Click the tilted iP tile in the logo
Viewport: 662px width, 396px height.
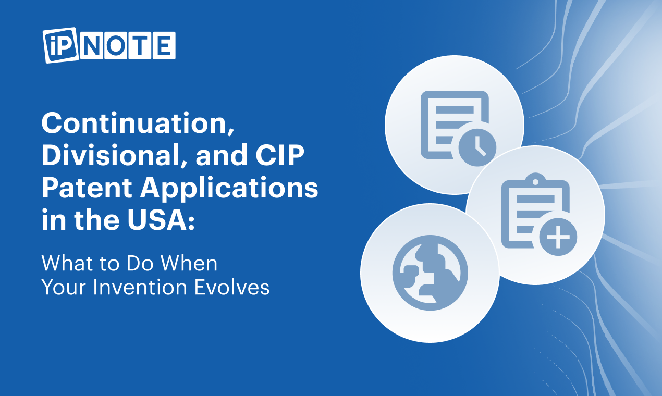click(x=61, y=45)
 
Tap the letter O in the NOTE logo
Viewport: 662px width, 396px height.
click(x=116, y=45)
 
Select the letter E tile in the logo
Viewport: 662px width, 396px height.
click(x=164, y=45)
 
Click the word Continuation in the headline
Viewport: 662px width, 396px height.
click(x=138, y=123)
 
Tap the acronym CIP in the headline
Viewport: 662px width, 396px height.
click(x=279, y=155)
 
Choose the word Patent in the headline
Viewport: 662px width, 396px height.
click(x=87, y=188)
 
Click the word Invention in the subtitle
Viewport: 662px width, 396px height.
click(x=140, y=287)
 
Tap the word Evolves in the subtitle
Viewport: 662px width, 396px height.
click(x=232, y=287)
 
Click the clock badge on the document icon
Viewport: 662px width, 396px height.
click(x=477, y=147)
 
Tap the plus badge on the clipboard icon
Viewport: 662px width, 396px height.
click(x=558, y=237)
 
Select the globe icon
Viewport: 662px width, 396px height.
click(x=430, y=273)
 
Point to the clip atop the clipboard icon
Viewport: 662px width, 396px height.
click(x=535, y=179)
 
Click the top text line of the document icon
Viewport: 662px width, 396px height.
click(x=455, y=109)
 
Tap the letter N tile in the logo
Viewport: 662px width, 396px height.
click(x=92, y=45)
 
